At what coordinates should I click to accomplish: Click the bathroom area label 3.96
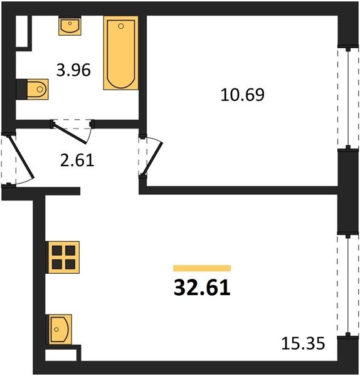tap(73, 70)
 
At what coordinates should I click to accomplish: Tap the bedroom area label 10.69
tap(242, 95)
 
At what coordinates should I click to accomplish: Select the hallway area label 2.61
tap(77, 160)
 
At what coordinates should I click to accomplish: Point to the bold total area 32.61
tap(202, 288)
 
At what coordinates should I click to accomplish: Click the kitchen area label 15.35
tap(303, 343)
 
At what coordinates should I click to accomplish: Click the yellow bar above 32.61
tap(202, 268)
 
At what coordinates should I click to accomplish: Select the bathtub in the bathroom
tap(121, 53)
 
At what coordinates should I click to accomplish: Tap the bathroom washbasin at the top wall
tap(70, 26)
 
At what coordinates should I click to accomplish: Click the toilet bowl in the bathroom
tap(38, 89)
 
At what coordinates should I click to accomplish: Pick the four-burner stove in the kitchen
tap(63, 258)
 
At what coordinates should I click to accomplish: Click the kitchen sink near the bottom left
tap(59, 330)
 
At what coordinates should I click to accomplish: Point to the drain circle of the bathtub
tap(121, 26)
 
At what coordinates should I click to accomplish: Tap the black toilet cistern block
tap(21, 89)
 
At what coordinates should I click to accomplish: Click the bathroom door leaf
tap(70, 133)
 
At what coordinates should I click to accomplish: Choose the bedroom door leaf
tap(152, 159)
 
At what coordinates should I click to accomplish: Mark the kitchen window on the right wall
tap(347, 285)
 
